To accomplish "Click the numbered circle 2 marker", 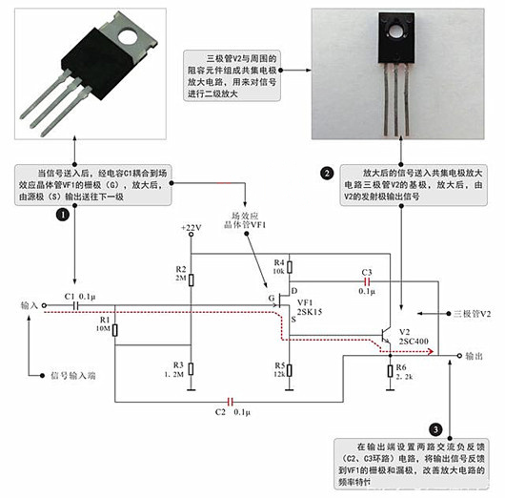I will point(327,173).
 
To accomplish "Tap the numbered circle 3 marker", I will point(436,430).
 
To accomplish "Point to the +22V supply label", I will point(192,227).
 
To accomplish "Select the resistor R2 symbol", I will point(192,280).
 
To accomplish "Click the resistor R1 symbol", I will point(114,330).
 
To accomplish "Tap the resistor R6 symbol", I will point(390,370).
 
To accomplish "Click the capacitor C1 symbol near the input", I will point(73,306).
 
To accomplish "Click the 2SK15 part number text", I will point(312,312).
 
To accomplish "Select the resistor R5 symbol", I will point(291,366).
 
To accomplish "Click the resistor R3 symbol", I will point(192,369).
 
